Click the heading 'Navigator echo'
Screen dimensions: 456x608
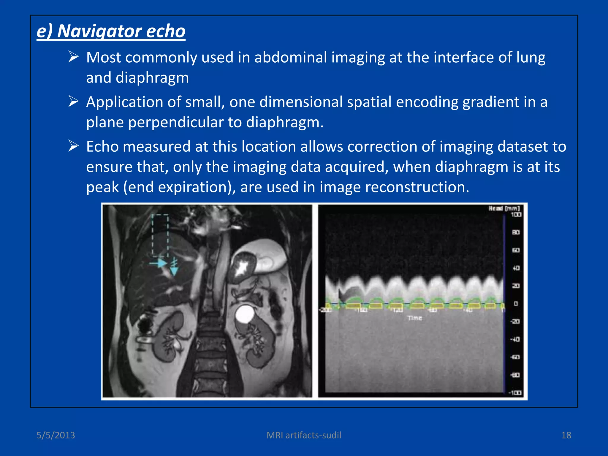pyautogui.click(x=111, y=31)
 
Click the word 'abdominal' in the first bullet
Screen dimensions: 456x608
pyautogui.click(x=290, y=57)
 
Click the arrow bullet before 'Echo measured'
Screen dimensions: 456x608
pyautogui.click(x=73, y=146)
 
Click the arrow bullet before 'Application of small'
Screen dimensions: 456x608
pyautogui.click(x=73, y=102)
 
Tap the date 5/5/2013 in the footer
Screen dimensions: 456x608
pyautogui.click(x=56, y=435)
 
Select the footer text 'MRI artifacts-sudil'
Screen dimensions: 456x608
pyautogui.click(x=304, y=435)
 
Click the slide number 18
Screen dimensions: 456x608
pyautogui.click(x=566, y=435)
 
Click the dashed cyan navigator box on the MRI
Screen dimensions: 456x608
pyautogui.click(x=160, y=235)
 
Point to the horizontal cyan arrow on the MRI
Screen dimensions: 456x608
pyautogui.click(x=159, y=263)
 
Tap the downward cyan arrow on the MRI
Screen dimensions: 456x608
pyautogui.click(x=174, y=268)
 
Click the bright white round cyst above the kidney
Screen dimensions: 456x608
pyautogui.click(x=245, y=315)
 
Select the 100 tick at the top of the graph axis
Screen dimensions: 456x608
pyautogui.click(x=516, y=214)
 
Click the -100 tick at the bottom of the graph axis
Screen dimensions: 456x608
pyautogui.click(x=515, y=393)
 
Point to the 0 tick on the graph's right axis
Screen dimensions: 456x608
pyautogui.click(x=516, y=304)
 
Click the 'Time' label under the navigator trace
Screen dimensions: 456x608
pyautogui.click(x=414, y=318)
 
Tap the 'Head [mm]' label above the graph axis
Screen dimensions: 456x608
pyautogui.click(x=504, y=208)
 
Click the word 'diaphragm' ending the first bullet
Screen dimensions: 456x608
pyautogui.click(x=152, y=78)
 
